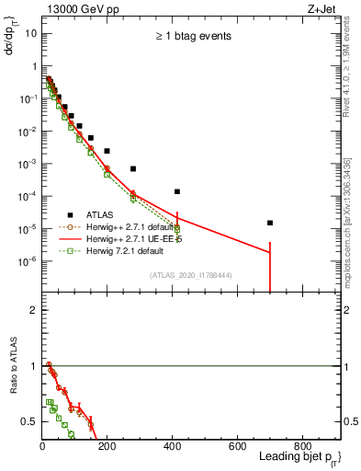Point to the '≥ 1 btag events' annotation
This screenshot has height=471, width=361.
click(192, 37)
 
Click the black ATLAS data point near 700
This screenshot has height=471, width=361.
click(270, 223)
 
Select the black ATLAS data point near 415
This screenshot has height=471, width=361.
click(177, 191)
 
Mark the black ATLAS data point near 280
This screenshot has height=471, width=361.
click(133, 168)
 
